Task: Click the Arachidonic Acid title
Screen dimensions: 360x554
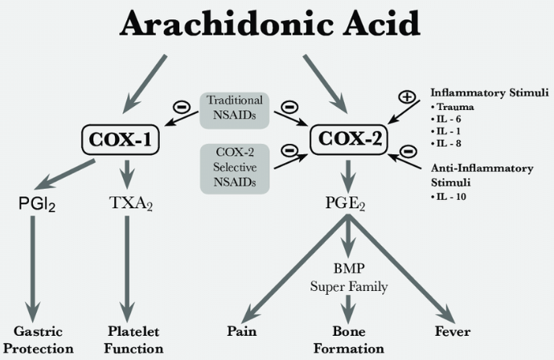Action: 269,24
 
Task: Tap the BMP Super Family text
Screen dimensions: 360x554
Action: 347,277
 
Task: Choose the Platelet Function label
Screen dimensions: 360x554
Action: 134,339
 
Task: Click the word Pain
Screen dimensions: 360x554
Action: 241,331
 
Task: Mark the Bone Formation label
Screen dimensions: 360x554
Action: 347,339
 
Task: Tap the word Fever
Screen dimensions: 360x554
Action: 453,331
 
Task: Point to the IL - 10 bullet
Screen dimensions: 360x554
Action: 451,195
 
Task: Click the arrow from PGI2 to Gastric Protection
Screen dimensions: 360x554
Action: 34,265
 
